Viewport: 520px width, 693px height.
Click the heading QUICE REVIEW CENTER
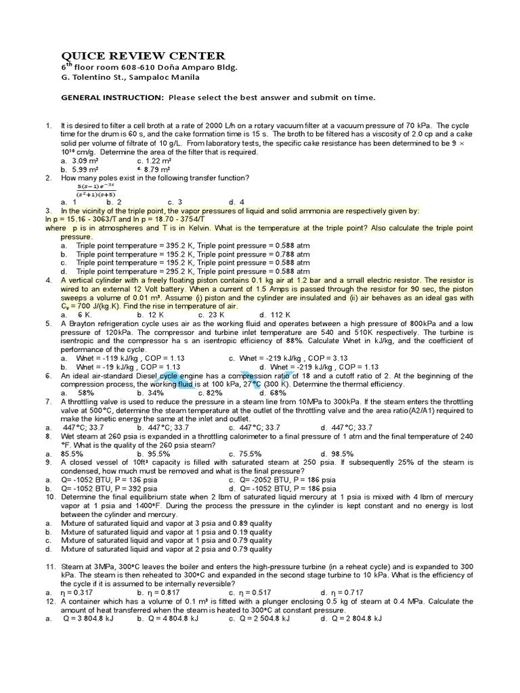(x=144, y=55)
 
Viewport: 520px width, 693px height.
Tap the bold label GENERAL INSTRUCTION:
(x=112, y=97)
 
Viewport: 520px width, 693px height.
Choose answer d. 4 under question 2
(x=236, y=202)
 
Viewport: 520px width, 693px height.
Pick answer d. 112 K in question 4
(x=275, y=315)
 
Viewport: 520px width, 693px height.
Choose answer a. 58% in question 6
(x=77, y=393)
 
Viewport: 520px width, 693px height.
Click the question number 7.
(x=49, y=401)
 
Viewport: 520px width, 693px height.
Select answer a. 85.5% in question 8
(x=72, y=453)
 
